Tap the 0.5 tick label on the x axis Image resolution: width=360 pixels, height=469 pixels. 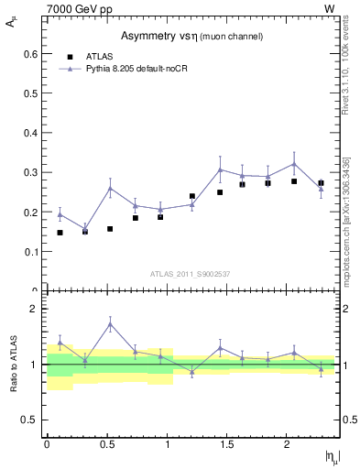107,443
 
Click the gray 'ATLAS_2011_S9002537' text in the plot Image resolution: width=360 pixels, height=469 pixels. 191,273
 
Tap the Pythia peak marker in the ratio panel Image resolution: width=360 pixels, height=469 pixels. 110,323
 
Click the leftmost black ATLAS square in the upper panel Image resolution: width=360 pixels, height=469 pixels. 60,233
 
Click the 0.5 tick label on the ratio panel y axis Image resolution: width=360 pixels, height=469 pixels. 29,420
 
